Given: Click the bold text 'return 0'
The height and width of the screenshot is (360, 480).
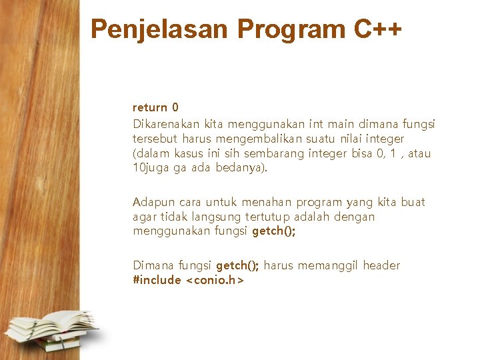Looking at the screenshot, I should pos(155,107).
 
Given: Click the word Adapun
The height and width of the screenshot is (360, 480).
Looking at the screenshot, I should pos(153,202).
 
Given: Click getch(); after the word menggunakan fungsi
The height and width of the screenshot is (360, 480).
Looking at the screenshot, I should pos(273,231).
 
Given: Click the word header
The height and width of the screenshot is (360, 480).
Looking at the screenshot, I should pos(381,265).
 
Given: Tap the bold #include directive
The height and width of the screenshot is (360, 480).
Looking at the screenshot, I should pos(157,280).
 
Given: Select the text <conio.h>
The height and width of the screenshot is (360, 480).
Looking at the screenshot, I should pos(215,280).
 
